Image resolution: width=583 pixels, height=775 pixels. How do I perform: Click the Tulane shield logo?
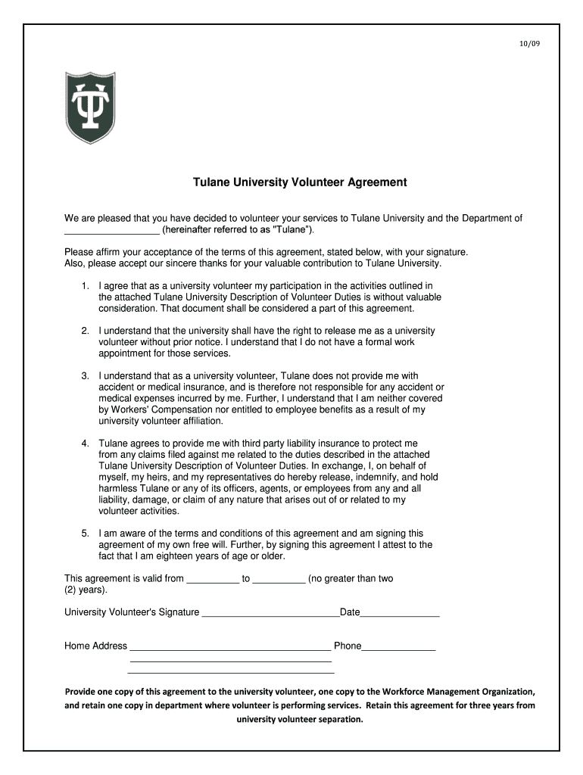(90, 107)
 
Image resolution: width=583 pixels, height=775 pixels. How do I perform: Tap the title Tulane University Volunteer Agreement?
(300, 182)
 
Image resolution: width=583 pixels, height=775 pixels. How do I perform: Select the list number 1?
(85, 286)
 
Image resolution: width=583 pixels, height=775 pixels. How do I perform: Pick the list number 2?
(85, 331)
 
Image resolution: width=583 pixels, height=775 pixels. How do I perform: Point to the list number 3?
(85, 376)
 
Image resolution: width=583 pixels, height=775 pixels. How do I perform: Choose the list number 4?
(85, 444)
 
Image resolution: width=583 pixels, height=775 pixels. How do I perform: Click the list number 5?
(85, 534)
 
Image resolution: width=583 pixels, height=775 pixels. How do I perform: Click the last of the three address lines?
(231, 671)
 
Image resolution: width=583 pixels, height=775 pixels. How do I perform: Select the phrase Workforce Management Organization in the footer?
(459, 692)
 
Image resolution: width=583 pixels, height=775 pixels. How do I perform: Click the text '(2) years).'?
(86, 590)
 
